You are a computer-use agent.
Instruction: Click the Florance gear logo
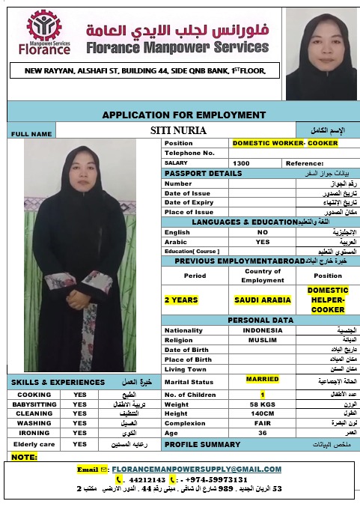[x=44, y=27]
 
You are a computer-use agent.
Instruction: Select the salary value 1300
[x=241, y=163]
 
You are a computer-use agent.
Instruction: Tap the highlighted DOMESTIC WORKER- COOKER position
[x=284, y=142]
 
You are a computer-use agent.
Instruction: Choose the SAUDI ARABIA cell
[x=262, y=300]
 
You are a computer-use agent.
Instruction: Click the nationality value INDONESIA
[x=262, y=330]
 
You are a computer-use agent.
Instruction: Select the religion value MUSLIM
[x=262, y=340]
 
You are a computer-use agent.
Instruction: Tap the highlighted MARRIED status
[x=262, y=379]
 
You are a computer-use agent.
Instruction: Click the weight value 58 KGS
[x=262, y=404]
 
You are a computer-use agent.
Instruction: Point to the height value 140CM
[x=262, y=413]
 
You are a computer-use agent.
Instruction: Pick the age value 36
[x=262, y=433]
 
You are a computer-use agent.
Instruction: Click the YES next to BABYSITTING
[x=79, y=404]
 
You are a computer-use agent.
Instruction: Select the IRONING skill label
[x=34, y=433]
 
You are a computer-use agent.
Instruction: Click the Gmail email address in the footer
[x=197, y=470]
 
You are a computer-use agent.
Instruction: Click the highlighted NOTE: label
[x=25, y=457]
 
